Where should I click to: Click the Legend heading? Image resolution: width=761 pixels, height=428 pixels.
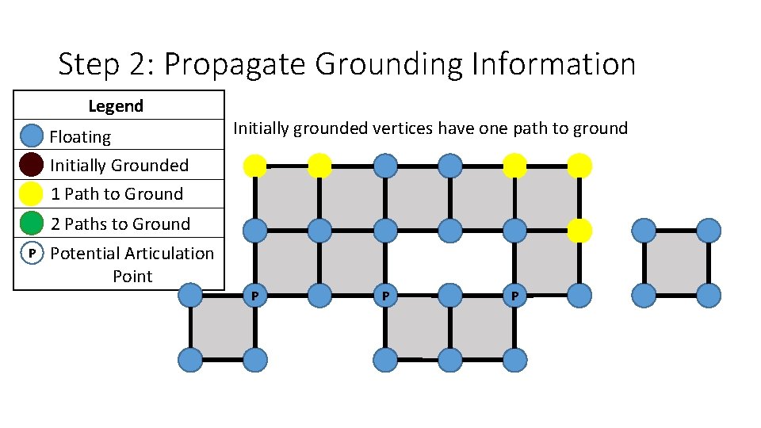tap(116, 106)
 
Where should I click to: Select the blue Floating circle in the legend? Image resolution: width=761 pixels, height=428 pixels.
tap(31, 136)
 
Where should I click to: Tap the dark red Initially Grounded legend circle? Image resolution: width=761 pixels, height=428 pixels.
tap(31, 165)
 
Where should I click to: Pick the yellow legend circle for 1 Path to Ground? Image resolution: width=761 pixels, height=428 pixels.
tap(31, 194)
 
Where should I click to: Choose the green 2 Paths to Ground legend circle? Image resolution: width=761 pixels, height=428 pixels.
tap(31, 224)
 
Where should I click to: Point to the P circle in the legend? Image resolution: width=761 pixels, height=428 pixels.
tap(31, 254)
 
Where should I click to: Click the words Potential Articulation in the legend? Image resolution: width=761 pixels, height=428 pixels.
tap(132, 254)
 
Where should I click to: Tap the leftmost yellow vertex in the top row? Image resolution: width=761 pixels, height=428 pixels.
tap(255, 166)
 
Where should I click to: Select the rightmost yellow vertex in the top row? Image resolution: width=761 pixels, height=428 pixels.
tap(579, 166)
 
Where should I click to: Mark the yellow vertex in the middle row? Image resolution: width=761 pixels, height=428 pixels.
tap(579, 231)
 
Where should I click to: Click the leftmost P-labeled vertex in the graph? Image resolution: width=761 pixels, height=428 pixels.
tap(255, 296)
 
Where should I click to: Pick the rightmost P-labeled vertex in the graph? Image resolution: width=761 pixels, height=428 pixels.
tap(514, 296)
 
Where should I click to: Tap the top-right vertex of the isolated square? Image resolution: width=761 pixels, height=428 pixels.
tap(709, 231)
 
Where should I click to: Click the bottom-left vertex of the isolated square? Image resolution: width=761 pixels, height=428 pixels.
tap(644, 296)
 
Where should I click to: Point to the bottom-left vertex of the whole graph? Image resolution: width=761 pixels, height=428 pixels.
tap(190, 361)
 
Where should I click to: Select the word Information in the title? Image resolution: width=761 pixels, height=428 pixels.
tap(553, 65)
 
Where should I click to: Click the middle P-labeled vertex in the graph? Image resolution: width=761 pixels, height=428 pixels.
tap(385, 296)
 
